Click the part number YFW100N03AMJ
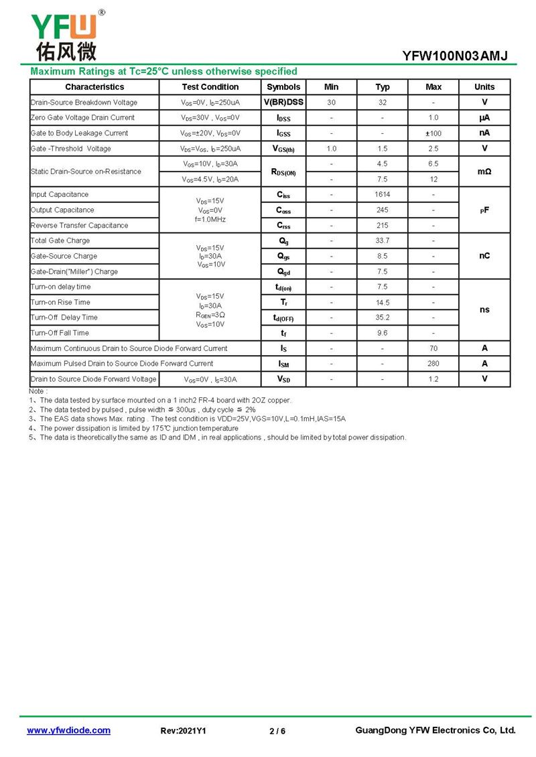[x=455, y=56]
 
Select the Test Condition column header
[x=210, y=87]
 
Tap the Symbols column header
[x=283, y=87]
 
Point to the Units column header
[x=484, y=87]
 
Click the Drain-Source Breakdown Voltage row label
[x=84, y=102]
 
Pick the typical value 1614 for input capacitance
[x=383, y=194]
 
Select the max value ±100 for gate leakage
[x=433, y=133]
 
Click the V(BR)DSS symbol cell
[x=283, y=102]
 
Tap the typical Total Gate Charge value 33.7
[x=383, y=240]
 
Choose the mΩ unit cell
[x=484, y=171]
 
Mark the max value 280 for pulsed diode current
[x=433, y=364]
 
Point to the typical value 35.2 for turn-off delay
[x=383, y=318]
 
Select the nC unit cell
[x=484, y=256]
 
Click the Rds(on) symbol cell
[x=283, y=172]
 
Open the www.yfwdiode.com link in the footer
[x=68, y=730]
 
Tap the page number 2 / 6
[x=277, y=731]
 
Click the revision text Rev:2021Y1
[x=184, y=731]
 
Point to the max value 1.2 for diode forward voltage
[x=433, y=379]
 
